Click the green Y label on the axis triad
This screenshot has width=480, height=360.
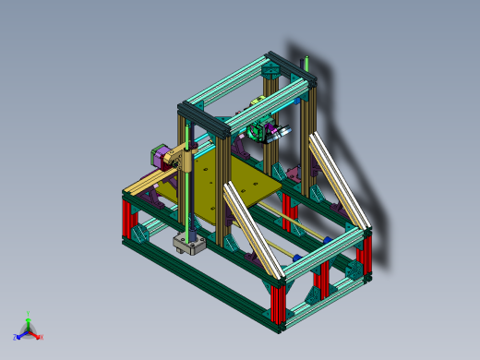(29, 314)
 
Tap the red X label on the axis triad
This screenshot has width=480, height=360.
(42, 337)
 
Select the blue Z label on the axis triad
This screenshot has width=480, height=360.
(16, 338)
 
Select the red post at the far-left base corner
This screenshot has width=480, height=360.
(128, 219)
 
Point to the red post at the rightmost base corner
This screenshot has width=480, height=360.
(366, 257)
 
